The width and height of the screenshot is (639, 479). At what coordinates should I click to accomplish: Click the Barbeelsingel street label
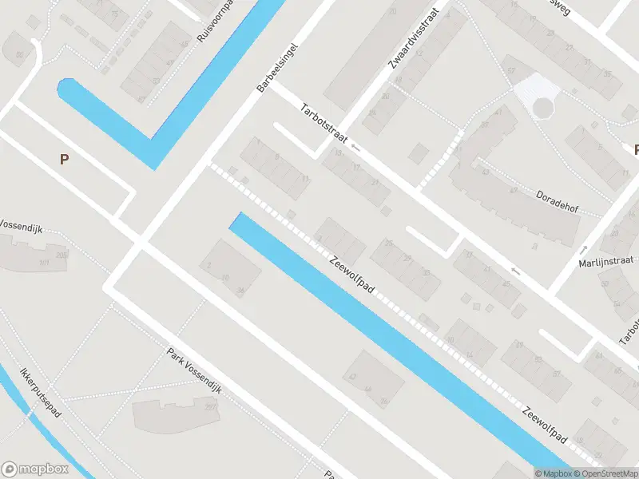[x=279, y=68]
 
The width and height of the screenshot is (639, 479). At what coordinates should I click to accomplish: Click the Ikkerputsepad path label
[x=42, y=397]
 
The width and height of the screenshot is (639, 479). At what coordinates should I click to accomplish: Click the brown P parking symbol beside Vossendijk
[x=64, y=159]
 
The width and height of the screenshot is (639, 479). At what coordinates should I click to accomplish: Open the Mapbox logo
[x=34, y=469]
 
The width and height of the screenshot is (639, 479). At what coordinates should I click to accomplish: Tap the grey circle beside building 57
[x=543, y=106]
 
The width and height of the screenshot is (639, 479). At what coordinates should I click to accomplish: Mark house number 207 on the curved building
[x=211, y=407]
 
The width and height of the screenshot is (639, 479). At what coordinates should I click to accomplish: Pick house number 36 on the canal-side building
[x=240, y=290]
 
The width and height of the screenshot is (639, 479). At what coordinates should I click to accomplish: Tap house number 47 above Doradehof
[x=499, y=113]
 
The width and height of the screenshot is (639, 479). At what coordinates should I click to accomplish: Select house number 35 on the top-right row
[x=607, y=73]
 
